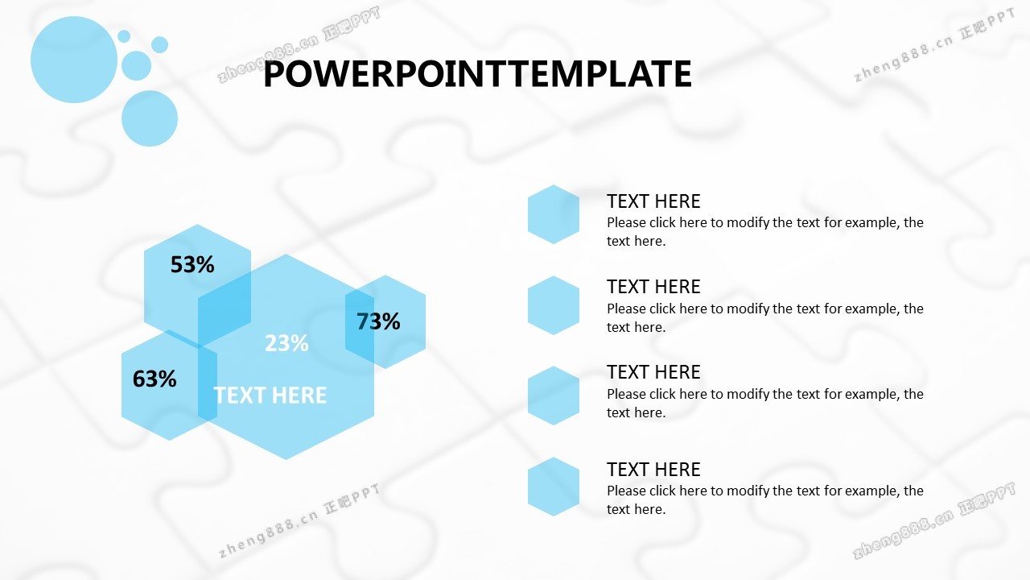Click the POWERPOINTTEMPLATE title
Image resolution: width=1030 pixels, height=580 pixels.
tap(477, 73)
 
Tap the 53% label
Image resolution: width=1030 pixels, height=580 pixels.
tap(192, 264)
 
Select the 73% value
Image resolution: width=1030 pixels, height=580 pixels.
tap(378, 321)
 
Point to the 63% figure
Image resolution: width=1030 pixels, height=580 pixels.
tap(154, 379)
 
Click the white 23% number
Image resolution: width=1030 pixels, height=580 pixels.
tap(286, 343)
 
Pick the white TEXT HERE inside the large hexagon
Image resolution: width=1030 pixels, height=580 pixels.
tap(270, 395)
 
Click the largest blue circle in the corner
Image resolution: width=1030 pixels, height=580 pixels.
tap(74, 60)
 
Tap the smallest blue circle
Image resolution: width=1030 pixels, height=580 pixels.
tap(124, 36)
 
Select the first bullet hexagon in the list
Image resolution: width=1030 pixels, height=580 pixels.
tap(554, 214)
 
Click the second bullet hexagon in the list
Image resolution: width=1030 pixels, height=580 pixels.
tap(554, 305)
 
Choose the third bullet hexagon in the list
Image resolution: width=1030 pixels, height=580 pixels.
tap(554, 396)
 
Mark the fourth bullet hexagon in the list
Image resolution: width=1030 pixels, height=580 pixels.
tap(554, 487)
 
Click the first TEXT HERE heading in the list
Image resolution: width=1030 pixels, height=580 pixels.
tap(653, 201)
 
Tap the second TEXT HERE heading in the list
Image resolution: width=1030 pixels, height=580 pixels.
tap(653, 286)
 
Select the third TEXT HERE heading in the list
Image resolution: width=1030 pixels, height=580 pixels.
tap(653, 372)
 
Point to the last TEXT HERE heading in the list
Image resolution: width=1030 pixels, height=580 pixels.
tap(653, 470)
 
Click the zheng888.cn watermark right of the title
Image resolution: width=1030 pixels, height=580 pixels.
tap(934, 45)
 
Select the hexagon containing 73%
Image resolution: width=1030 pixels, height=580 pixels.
tap(385, 321)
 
